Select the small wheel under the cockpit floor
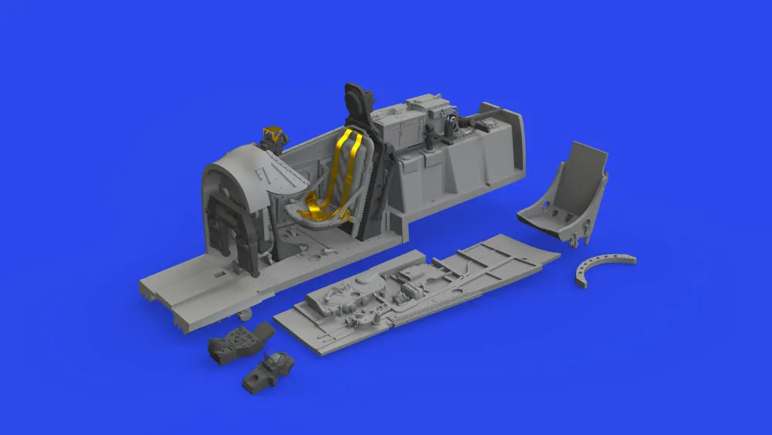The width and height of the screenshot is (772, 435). tap(244, 313)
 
